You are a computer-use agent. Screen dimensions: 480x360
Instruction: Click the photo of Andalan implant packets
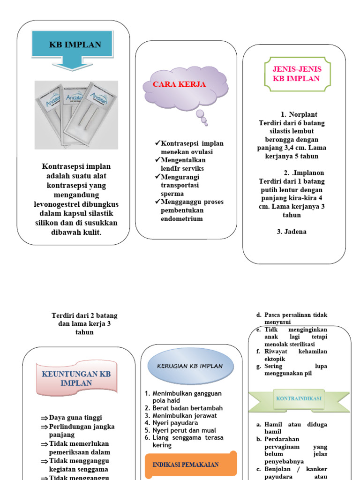pos(76,115)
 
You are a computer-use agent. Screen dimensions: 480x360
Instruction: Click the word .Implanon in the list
pos(307,173)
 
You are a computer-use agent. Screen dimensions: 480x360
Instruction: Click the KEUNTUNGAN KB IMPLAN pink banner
pos(76,378)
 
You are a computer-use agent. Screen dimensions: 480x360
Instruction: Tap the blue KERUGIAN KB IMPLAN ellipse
pos(190,366)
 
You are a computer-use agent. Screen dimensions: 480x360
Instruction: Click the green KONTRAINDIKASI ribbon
pos(299,398)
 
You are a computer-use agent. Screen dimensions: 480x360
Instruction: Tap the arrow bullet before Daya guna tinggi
pos(44,418)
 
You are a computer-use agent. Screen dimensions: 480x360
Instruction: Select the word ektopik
pos(275,359)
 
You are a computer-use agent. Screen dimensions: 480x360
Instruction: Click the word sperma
pos(172,193)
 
